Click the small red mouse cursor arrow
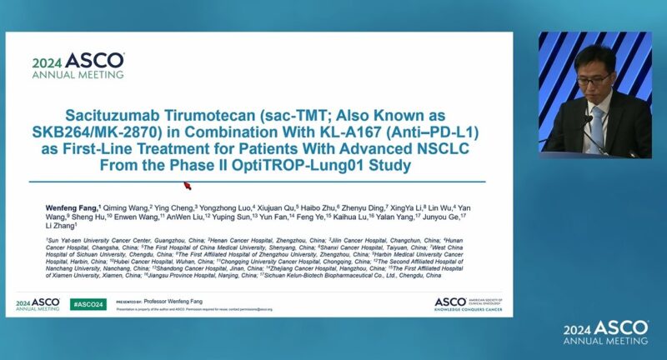pos(188,185)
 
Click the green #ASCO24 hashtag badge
pos(88,304)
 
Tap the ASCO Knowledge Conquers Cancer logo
pos(470,303)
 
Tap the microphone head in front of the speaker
pos(586,118)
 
